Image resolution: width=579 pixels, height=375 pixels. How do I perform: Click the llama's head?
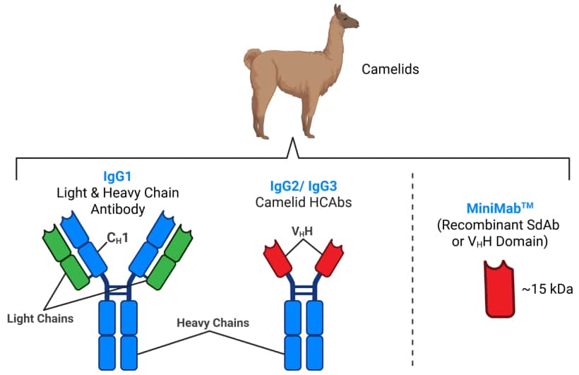[x=346, y=20]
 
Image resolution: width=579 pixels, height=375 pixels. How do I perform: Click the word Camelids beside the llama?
[x=390, y=69]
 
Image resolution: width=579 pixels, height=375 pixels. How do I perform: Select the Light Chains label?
[x=40, y=319]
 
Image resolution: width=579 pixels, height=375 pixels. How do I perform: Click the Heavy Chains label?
[x=213, y=323]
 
